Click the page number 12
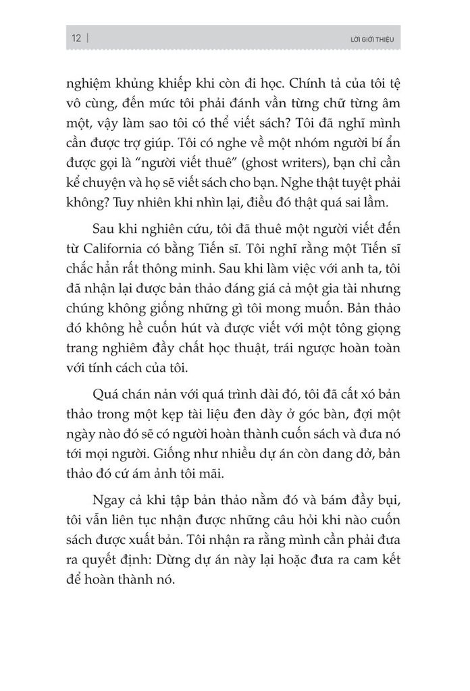(x=75, y=38)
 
